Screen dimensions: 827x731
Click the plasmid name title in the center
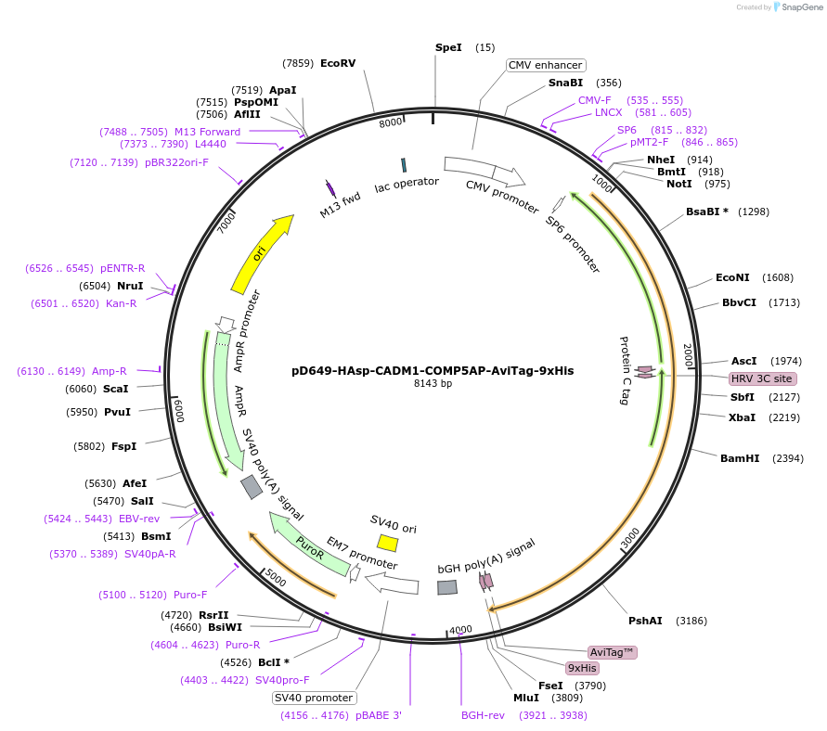point(433,370)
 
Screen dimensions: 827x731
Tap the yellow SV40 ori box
point(388,542)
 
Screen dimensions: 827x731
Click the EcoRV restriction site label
point(338,63)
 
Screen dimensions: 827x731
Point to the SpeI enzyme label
point(448,47)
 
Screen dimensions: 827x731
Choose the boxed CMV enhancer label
point(546,65)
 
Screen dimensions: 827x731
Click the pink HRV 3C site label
point(762,378)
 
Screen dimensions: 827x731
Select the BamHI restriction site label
point(740,458)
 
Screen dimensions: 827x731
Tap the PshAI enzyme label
point(645,621)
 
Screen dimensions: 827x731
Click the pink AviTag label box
point(613,652)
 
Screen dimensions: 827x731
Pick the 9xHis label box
point(583,668)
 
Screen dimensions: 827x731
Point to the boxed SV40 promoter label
point(314,698)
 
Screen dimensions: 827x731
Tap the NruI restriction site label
point(130,286)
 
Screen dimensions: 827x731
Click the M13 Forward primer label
point(207,132)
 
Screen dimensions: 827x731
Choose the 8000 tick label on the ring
point(391,122)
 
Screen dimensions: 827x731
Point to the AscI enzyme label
point(744,361)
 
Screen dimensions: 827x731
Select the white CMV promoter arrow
point(484,171)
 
